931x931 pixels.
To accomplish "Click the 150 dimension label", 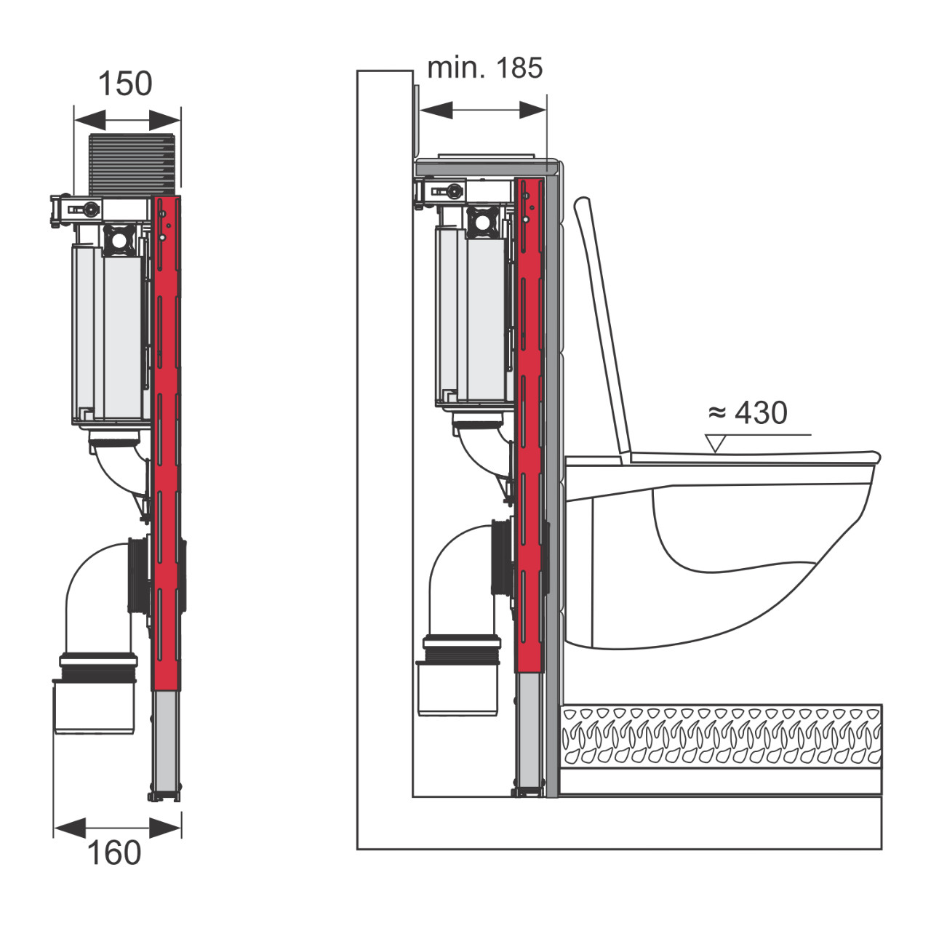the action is (125, 84).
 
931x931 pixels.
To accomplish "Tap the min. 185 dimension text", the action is (484, 68).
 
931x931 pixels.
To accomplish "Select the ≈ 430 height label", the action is (748, 412).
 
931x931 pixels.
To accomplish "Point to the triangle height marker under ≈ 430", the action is (716, 443).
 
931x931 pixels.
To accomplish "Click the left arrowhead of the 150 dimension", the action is (90, 119).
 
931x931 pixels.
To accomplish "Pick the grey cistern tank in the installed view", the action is (471, 315).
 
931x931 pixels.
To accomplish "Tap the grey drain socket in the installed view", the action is (457, 688).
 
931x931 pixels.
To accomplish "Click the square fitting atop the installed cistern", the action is (482, 222).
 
